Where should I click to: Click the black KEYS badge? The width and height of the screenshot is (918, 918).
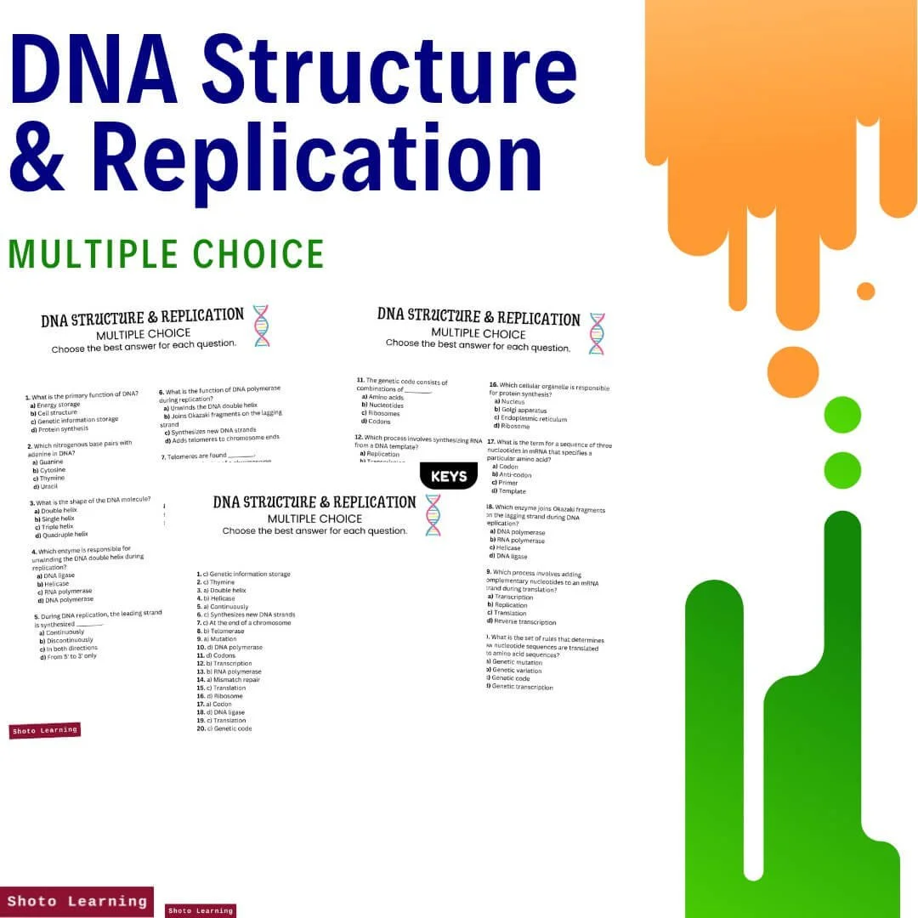pyautogui.click(x=449, y=476)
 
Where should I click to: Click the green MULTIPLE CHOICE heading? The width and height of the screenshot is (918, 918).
pyautogui.click(x=167, y=254)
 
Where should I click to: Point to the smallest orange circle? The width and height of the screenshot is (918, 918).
pyautogui.click(x=865, y=291)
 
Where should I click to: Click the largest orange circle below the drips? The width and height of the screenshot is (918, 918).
pyautogui.click(x=792, y=372)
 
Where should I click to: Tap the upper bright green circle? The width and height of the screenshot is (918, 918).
pyautogui.click(x=842, y=415)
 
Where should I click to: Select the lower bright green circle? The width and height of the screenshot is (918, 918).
pyautogui.click(x=842, y=470)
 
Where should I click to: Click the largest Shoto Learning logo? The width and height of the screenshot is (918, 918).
pyautogui.click(x=76, y=902)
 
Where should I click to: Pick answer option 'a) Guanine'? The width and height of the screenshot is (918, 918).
pyautogui.click(x=48, y=462)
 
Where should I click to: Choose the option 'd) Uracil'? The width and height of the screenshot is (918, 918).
pyautogui.click(x=48, y=486)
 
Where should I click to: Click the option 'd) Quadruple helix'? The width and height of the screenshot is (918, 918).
pyautogui.click(x=61, y=535)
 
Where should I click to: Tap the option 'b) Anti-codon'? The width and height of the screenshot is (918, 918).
pyautogui.click(x=512, y=474)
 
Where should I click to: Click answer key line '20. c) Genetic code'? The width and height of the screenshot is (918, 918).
pyautogui.click(x=224, y=728)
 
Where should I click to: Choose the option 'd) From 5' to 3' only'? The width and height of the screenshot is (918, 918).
pyautogui.click(x=68, y=656)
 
